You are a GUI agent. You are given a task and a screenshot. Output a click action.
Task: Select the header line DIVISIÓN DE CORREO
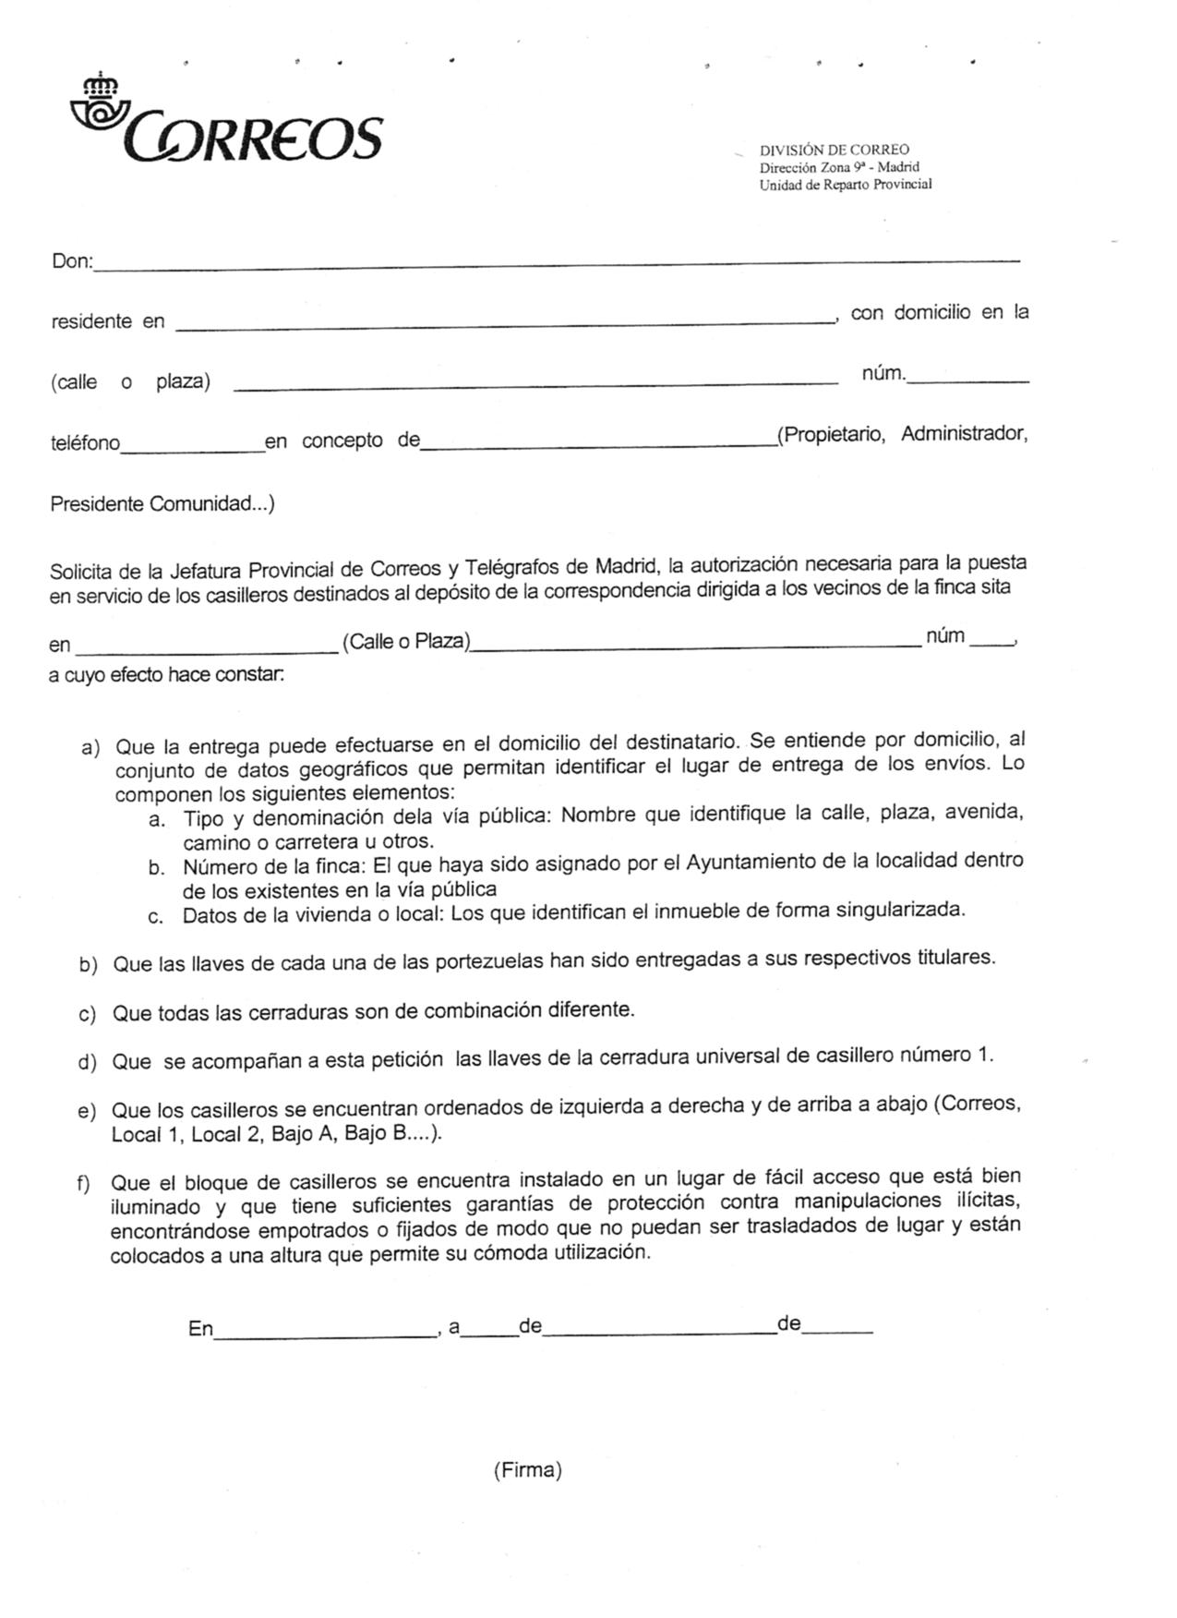[834, 150]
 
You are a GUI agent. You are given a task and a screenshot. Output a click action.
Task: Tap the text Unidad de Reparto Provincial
[845, 185]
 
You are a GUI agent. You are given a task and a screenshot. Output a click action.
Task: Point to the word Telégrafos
[514, 567]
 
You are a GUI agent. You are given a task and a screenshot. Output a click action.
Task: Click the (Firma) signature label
[527, 1470]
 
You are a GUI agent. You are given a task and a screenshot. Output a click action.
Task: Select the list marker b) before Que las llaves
[89, 966]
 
